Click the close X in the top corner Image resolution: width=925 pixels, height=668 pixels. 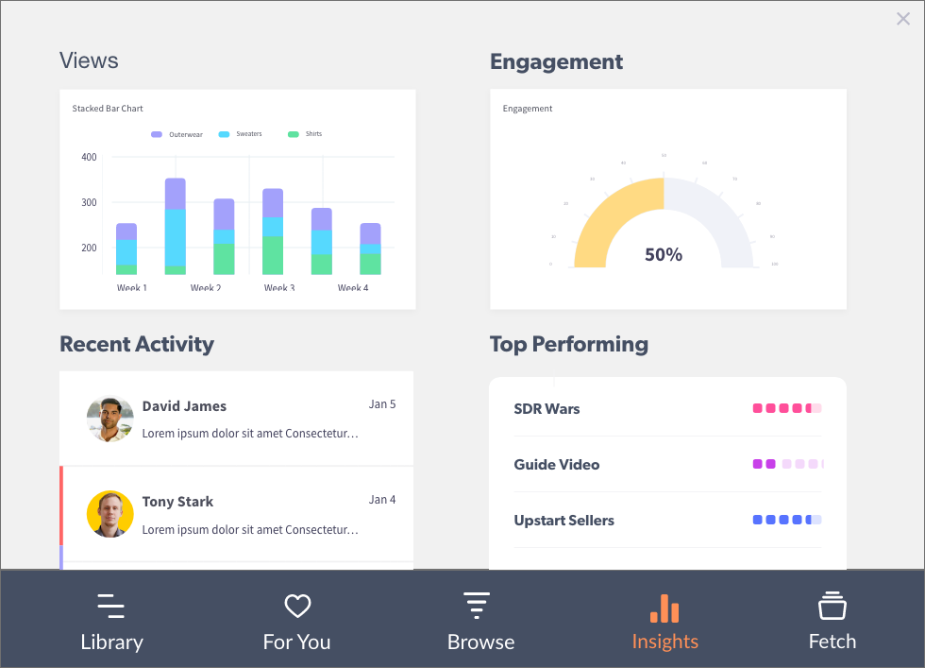903,19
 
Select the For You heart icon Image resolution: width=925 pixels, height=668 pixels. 297,606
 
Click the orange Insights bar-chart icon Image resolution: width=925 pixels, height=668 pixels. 665,608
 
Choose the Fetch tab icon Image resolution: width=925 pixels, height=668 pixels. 832,606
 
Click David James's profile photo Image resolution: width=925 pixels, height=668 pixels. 110,419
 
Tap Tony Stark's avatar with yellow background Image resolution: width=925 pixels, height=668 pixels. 110,514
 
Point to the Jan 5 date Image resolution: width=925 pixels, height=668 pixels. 382,404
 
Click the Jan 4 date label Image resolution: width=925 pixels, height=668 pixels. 382,500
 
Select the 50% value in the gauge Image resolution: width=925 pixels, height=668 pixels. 664,254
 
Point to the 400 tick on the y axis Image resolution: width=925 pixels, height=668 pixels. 89,157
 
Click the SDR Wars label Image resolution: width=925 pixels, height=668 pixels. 547,409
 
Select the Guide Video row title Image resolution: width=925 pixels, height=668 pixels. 557,465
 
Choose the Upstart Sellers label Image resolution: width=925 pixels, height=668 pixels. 563,521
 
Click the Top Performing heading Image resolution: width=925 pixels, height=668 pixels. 569,344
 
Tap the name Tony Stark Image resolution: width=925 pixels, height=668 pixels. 177,502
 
